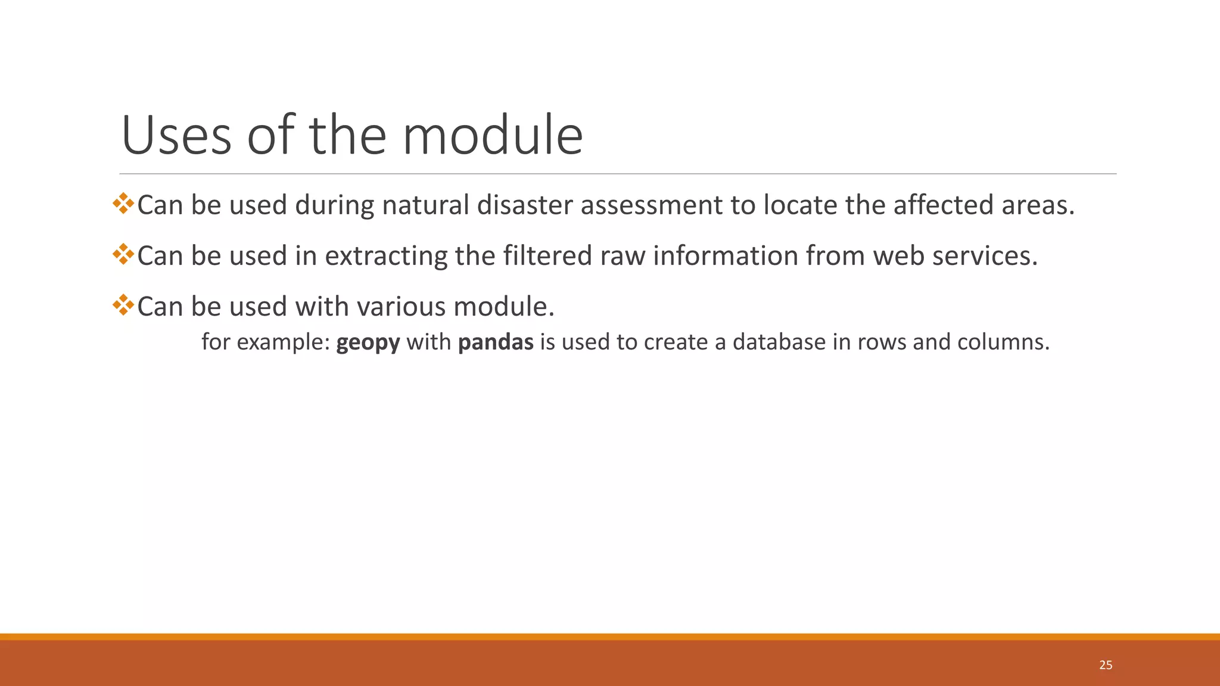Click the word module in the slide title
click(493, 136)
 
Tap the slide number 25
click(1106, 665)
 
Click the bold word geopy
click(368, 342)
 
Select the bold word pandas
click(496, 342)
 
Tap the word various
click(401, 307)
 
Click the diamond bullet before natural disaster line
click(123, 204)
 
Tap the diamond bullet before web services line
click(123, 254)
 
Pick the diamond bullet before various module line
click(123, 305)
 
